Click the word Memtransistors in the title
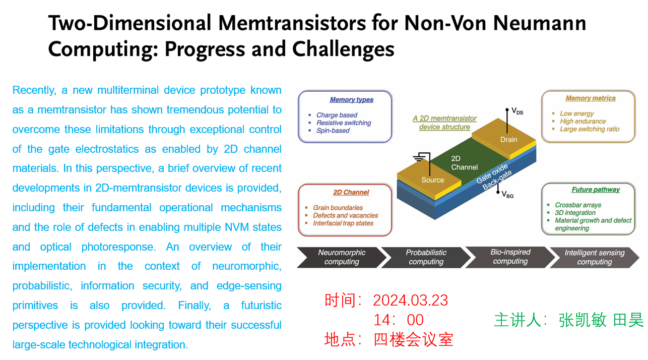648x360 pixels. click(292, 23)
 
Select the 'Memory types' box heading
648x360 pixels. click(352, 100)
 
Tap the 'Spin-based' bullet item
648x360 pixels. click(333, 131)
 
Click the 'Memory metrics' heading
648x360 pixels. click(591, 98)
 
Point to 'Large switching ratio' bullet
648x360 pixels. click(590, 129)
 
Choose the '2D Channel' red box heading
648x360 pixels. click(351, 192)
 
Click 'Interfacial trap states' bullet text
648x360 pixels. click(343, 223)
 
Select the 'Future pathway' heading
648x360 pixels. click(596, 190)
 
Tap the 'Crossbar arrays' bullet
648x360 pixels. click(578, 205)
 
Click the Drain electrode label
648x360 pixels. click(509, 140)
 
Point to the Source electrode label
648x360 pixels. click(432, 180)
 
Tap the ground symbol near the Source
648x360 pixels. click(419, 158)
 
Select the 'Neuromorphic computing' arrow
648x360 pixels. click(342, 257)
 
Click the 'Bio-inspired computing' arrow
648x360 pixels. click(510, 257)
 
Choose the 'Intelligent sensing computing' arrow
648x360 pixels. click(595, 257)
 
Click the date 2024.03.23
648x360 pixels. click(411, 300)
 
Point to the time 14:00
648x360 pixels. click(399, 320)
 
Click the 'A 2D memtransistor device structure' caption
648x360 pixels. click(444, 123)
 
